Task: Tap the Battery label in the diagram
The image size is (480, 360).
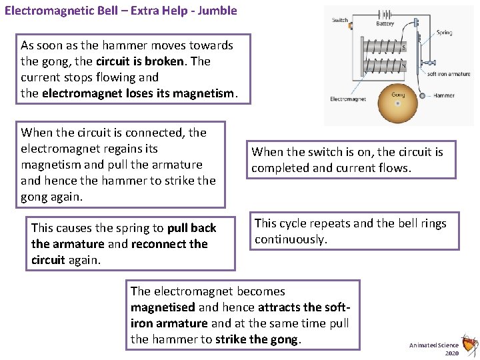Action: [385, 24]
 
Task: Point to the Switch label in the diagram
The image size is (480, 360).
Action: [340, 20]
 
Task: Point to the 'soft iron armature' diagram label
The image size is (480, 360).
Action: [448, 74]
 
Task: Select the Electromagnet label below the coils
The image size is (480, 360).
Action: [347, 99]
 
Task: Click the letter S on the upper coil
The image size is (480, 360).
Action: [403, 47]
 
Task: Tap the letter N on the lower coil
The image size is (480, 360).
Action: [403, 65]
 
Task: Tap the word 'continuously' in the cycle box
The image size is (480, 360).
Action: [291, 239]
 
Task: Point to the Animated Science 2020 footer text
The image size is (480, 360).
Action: [434, 349]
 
